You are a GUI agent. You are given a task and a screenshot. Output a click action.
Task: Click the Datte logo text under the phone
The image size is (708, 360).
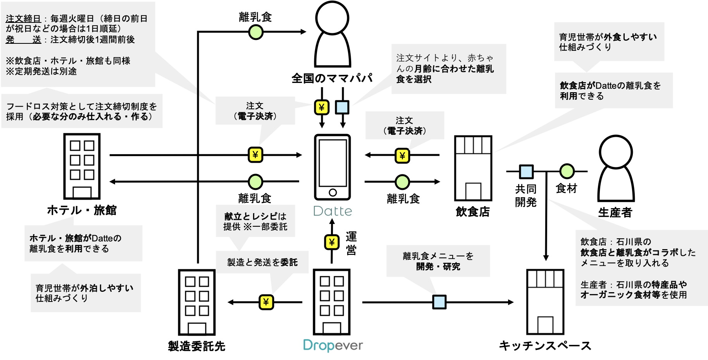coord(332,211)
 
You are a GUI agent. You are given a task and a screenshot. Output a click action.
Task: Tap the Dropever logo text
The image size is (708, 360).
coord(333,345)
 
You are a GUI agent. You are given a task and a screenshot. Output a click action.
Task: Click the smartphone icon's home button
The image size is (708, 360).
coord(332,193)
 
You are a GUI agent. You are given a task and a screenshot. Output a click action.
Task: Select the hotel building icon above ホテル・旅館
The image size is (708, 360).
coord(82,166)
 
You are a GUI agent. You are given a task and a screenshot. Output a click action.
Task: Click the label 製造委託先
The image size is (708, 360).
coord(196,346)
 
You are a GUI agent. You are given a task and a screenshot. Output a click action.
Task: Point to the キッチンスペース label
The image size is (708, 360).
coord(545,346)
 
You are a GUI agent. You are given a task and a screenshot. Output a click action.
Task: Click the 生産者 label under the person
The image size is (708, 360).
coord(615,212)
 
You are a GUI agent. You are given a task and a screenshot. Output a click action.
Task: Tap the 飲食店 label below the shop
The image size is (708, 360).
coord(472,212)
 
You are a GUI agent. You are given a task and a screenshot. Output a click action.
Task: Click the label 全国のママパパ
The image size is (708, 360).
coord(332,78)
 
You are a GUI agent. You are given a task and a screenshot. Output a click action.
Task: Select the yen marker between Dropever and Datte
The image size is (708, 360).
coord(332,243)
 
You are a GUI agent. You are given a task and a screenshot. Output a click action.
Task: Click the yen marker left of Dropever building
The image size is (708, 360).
coord(266,302)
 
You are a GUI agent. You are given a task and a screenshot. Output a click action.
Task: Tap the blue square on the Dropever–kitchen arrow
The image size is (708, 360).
coord(439,302)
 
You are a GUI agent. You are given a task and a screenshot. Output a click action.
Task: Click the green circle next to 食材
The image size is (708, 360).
coord(567,171)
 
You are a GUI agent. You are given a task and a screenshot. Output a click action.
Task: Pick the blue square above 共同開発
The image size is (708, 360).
coord(526,171)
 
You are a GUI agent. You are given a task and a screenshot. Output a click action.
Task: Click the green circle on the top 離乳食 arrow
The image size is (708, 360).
coord(255,32)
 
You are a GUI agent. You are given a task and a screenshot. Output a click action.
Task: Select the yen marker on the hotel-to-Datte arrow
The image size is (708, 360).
coord(255,155)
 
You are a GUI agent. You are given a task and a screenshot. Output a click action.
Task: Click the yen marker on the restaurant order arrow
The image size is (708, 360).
coord(402,156)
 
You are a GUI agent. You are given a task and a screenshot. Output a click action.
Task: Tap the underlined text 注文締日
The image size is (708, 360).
coord(23,19)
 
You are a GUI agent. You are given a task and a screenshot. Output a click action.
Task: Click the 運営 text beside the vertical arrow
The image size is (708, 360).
coord(351,243)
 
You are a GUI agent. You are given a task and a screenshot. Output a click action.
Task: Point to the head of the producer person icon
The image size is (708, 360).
coord(616,152)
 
